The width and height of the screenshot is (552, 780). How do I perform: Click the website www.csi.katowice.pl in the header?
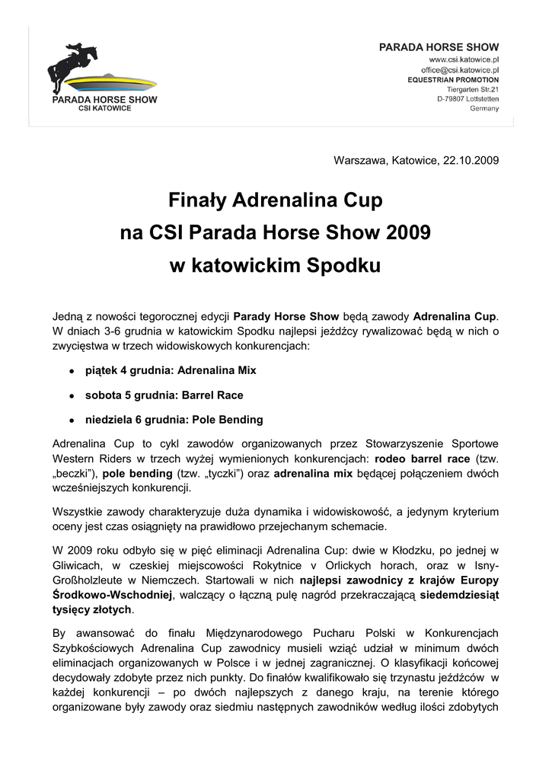464,59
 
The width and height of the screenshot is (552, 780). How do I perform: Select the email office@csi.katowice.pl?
459,69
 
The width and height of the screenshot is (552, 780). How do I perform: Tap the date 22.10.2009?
471,161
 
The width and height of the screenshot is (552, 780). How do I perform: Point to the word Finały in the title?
196,202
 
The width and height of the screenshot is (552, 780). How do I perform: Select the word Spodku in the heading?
343,266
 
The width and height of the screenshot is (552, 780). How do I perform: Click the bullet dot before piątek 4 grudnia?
71,371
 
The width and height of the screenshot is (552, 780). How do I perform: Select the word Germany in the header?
484,109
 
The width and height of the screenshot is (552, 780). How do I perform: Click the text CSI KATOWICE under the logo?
105,109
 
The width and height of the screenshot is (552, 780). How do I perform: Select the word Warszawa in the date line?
359,161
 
